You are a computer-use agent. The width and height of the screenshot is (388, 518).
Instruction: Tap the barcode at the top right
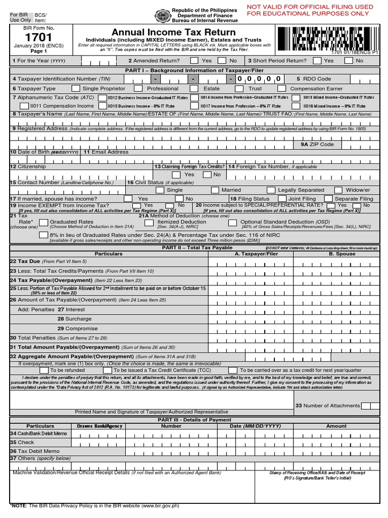(327, 38)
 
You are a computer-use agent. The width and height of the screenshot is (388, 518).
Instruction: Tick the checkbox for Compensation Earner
(282, 89)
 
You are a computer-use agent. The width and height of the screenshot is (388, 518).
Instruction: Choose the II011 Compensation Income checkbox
(24, 106)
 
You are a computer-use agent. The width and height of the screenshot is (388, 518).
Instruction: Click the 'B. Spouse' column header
(342, 254)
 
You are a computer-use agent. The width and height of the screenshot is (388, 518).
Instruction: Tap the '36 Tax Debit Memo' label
(35, 451)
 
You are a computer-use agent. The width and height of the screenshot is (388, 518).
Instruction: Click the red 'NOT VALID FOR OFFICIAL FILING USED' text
(310, 7)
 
